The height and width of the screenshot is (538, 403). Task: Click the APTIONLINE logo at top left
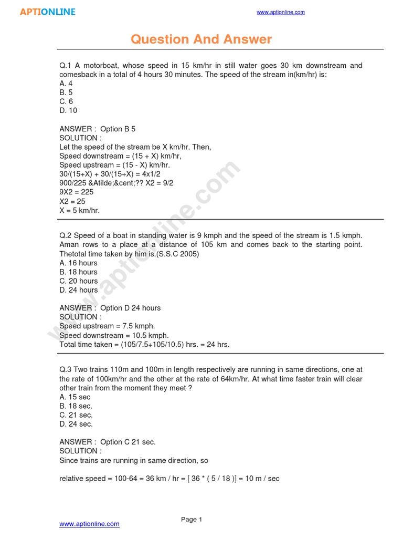(x=48, y=12)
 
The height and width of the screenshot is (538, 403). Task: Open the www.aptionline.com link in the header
(x=280, y=12)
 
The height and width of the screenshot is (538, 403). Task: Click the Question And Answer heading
(x=201, y=39)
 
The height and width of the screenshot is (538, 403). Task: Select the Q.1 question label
(x=65, y=66)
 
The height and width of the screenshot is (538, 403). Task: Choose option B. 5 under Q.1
(x=66, y=92)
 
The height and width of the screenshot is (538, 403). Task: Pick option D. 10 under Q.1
(x=68, y=110)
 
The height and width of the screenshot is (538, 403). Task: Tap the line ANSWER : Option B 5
(x=97, y=129)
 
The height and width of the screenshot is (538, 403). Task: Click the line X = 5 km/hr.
(x=79, y=210)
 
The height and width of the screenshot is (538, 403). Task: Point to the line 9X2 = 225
(x=77, y=192)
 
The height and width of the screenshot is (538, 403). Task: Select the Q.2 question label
(x=65, y=235)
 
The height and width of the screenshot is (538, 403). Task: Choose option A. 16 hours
(x=78, y=263)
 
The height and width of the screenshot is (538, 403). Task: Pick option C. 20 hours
(x=78, y=281)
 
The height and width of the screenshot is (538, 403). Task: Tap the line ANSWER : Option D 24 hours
(x=110, y=308)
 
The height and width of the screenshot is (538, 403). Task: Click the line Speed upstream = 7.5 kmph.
(x=107, y=326)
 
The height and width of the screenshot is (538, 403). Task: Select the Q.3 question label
(x=65, y=370)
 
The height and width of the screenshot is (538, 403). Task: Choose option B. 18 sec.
(x=76, y=406)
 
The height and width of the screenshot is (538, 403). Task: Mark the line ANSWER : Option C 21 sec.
(x=108, y=442)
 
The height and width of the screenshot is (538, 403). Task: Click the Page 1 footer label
(x=192, y=520)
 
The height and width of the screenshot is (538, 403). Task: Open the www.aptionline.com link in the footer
(x=89, y=524)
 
